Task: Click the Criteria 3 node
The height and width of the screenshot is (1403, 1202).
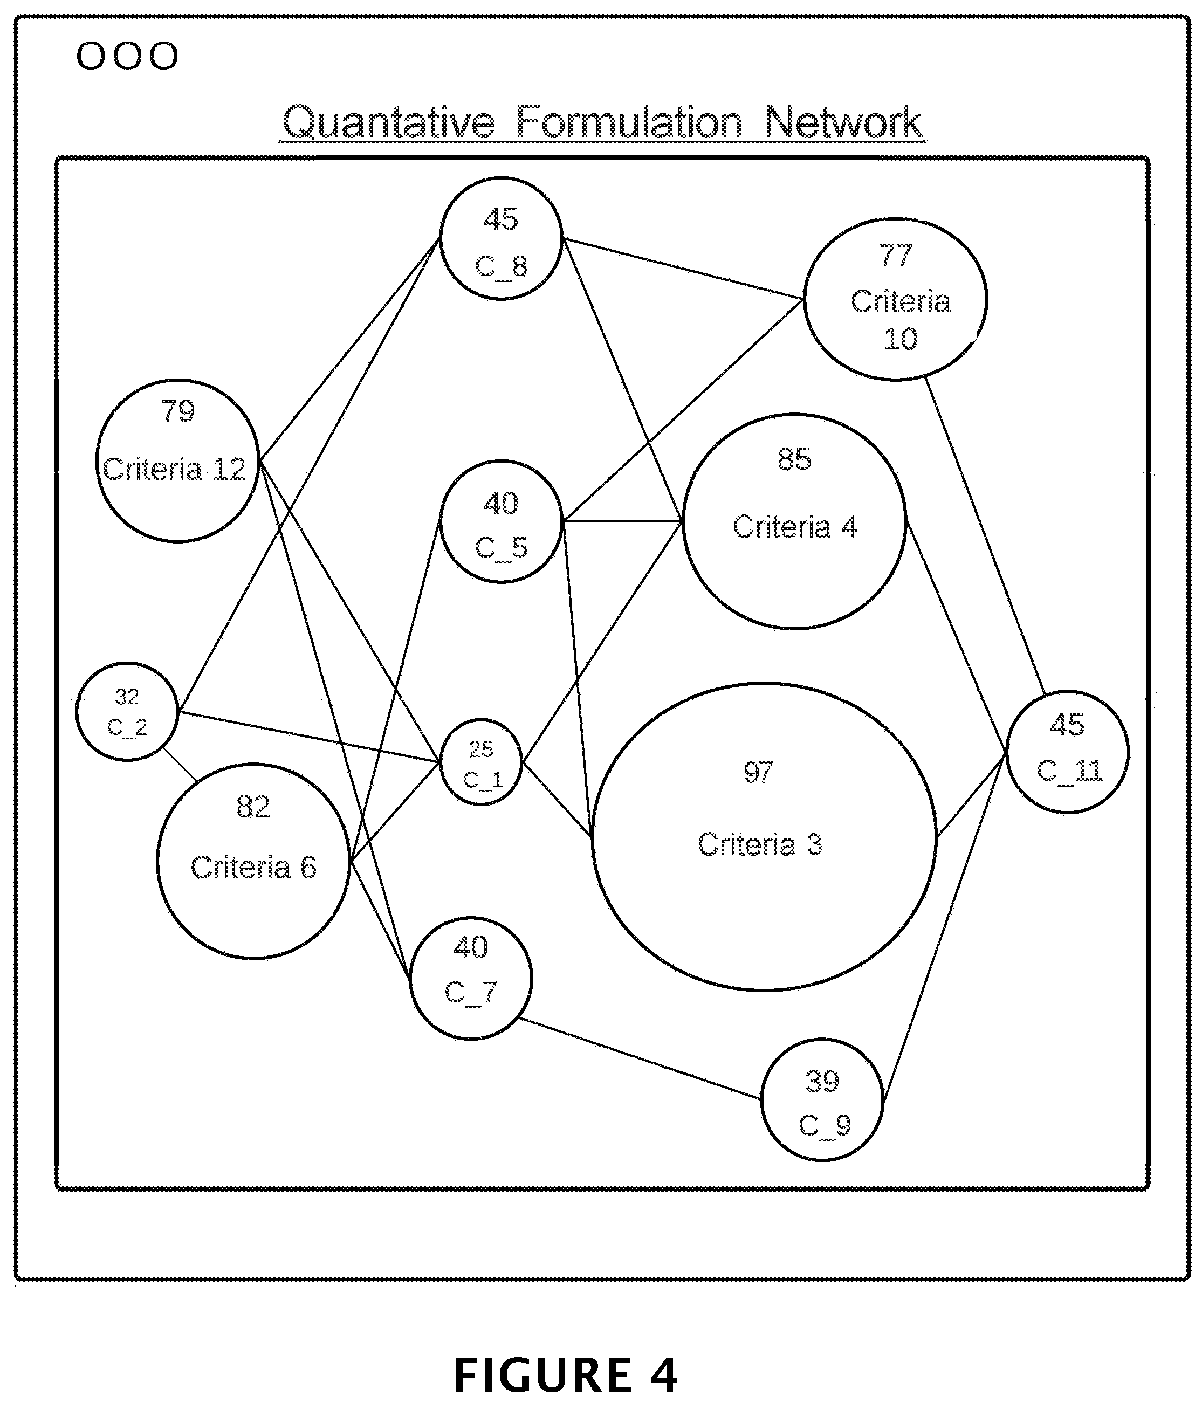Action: click(x=764, y=837)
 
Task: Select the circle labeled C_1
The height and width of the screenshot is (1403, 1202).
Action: click(x=481, y=762)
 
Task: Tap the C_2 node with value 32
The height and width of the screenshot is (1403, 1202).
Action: click(x=127, y=712)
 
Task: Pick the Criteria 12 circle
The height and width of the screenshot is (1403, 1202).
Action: click(x=177, y=460)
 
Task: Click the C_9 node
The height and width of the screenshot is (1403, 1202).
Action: click(x=822, y=1099)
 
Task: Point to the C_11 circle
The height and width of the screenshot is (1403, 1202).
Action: click(x=1067, y=752)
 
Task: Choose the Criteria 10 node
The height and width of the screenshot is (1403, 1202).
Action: click(x=895, y=299)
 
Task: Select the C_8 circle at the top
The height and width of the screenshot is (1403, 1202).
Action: click(x=501, y=238)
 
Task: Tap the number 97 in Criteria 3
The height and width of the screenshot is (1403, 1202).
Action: click(x=758, y=772)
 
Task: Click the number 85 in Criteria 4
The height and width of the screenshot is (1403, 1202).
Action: click(x=794, y=459)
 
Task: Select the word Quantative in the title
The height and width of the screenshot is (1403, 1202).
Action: click(x=388, y=123)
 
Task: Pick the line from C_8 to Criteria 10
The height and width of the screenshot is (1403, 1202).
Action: click(x=683, y=268)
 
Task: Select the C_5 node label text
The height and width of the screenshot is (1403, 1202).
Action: click(x=501, y=548)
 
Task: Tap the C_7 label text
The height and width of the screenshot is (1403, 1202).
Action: click(x=471, y=993)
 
